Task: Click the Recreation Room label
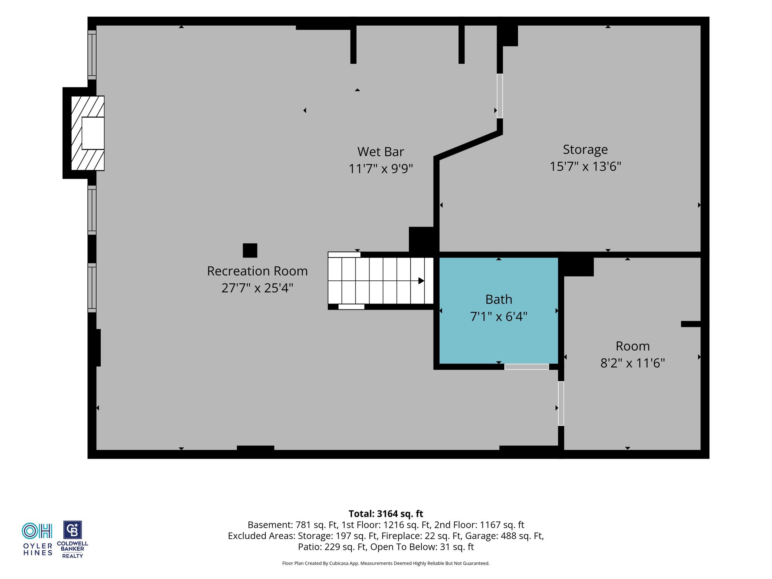coord(257,271)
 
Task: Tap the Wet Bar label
coord(380,152)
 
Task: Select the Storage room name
coord(585,150)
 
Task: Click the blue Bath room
coord(499,311)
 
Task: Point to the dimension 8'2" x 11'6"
coord(633,363)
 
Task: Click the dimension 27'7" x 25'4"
coord(257,288)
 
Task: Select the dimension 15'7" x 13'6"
coord(585,166)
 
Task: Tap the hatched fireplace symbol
coord(88,133)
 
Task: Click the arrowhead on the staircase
coord(421,281)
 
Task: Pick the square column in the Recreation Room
coord(250,250)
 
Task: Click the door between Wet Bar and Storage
coord(500,96)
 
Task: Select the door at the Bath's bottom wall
coord(527,367)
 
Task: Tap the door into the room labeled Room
coord(561,403)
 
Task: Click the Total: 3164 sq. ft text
coord(386,514)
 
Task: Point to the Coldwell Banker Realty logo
coord(72,539)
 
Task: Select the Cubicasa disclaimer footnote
coord(386,564)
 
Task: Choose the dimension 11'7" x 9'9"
coord(381,168)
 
